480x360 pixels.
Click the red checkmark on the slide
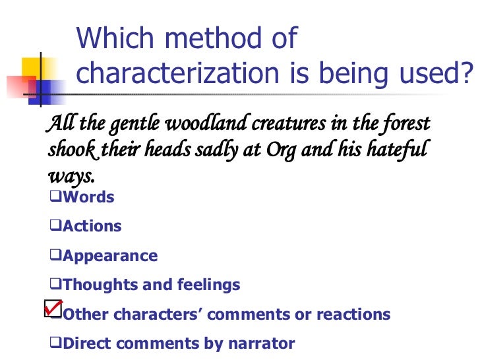click(x=53, y=307)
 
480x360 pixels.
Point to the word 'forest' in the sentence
click(x=405, y=123)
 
